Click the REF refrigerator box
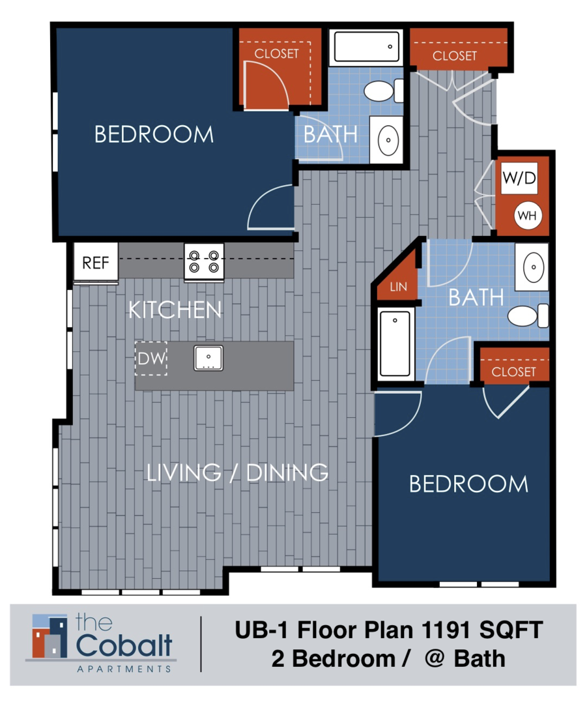point(95,263)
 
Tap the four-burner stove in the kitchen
point(204,262)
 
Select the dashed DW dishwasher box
point(151,358)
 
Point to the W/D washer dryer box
point(519,179)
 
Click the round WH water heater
point(527,216)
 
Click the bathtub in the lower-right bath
point(394,344)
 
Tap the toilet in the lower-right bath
point(526,316)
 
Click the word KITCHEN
point(175,310)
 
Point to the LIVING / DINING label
point(236,472)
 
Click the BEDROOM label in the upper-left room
point(154,135)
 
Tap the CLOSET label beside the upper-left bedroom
point(276,53)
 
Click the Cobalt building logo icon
point(50,636)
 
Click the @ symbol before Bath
point(434,658)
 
